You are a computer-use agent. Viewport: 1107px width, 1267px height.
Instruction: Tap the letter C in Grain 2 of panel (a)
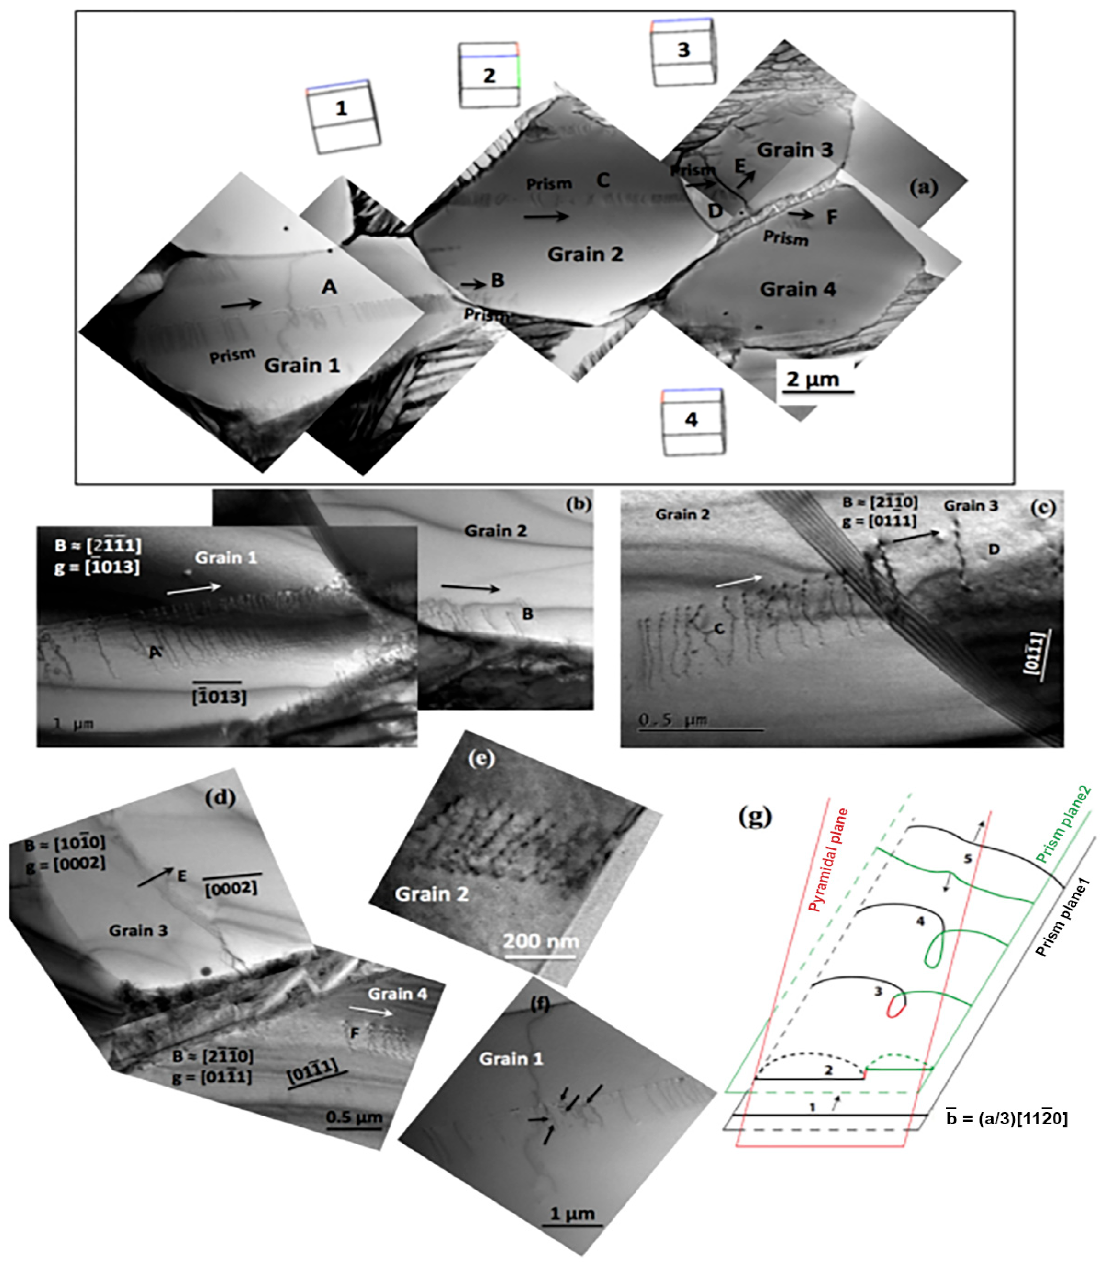(603, 180)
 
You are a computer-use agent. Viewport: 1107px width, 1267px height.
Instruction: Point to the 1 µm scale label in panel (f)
(572, 1213)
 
